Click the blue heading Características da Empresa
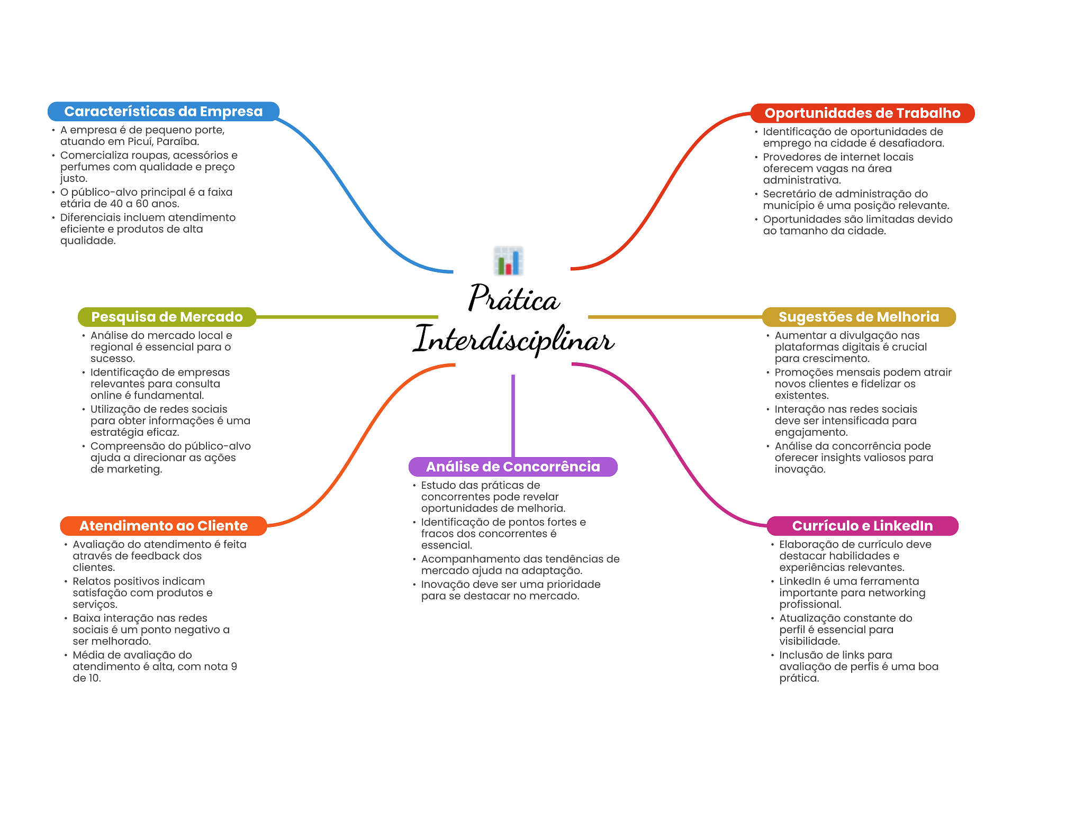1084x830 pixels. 163,112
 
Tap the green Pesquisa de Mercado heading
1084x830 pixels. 167,317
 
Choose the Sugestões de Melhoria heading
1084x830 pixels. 858,317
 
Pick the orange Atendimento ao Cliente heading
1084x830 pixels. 163,526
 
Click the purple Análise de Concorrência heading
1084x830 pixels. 512,467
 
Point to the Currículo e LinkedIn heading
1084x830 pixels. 862,526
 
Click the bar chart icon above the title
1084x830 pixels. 508,261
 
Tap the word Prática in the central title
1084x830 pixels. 513,299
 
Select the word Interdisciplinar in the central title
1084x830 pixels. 513,340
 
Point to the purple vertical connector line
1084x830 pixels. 513,415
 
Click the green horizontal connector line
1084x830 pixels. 347,317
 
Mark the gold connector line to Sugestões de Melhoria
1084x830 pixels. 675,317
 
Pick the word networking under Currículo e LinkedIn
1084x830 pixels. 900,593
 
